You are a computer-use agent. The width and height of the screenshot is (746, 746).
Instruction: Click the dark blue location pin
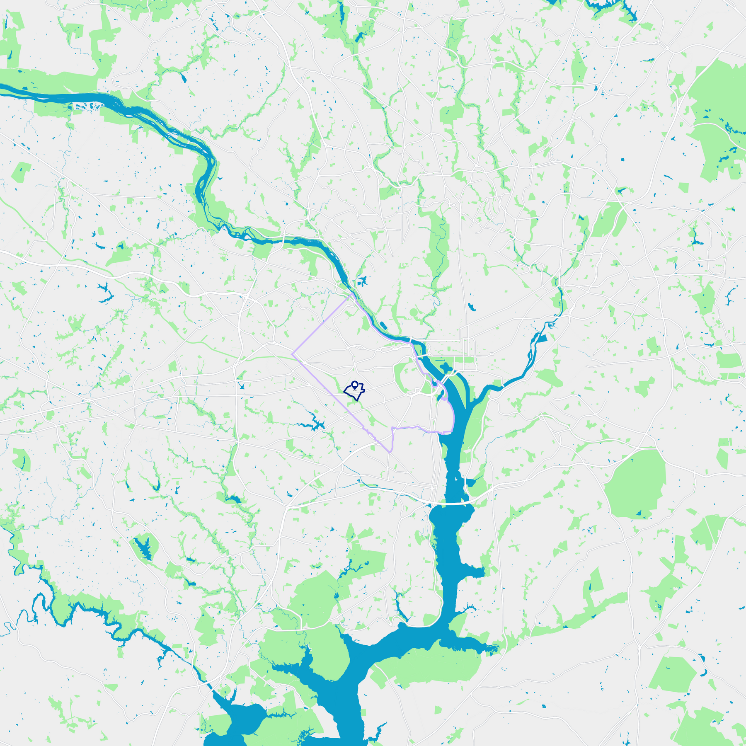(x=355, y=385)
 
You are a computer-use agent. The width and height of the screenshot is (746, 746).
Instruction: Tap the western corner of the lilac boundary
(x=293, y=354)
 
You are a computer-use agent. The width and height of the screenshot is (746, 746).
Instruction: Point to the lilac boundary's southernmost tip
(x=390, y=452)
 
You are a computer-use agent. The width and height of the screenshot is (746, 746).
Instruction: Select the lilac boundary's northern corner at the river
(x=352, y=293)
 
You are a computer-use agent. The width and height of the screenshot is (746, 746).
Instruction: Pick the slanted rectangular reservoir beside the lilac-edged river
(x=383, y=326)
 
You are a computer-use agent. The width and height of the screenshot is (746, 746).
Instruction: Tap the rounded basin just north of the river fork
(x=446, y=368)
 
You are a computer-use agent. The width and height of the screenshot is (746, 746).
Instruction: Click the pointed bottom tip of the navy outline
(x=357, y=400)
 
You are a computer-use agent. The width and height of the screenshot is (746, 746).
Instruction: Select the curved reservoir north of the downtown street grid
(x=471, y=307)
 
